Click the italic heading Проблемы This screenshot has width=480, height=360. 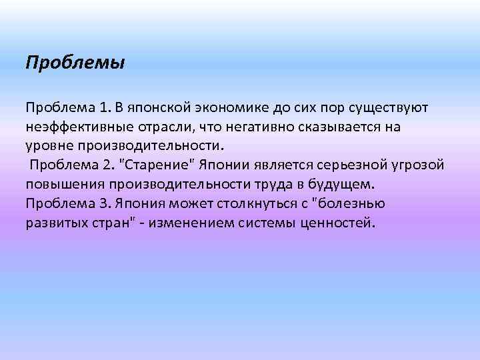[75, 63]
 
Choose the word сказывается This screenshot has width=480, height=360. [331, 127]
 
